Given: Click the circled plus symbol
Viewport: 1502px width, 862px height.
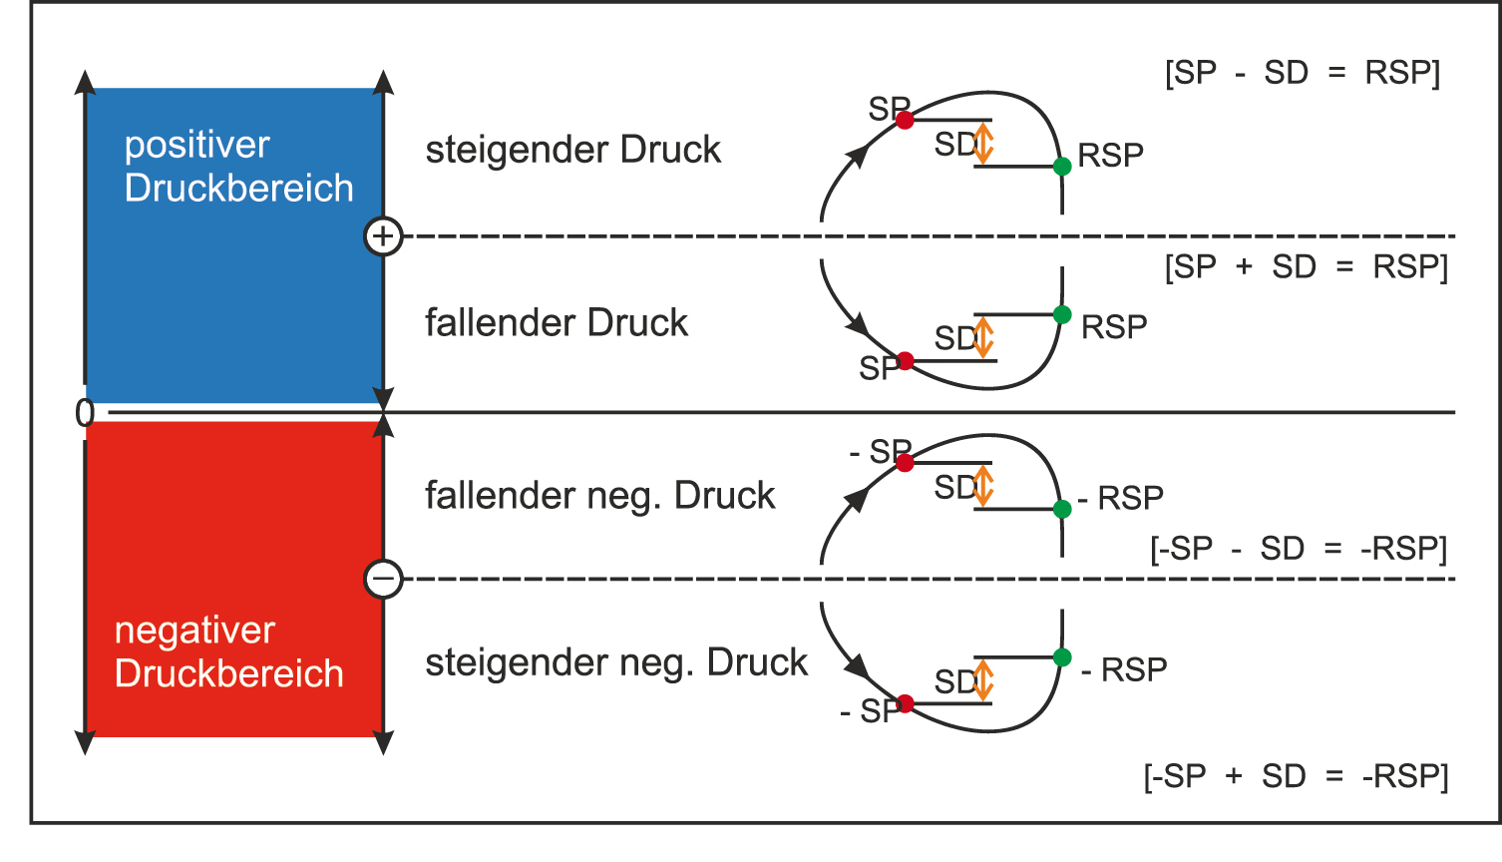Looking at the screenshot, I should [383, 236].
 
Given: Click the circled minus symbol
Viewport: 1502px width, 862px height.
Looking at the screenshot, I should [383, 579].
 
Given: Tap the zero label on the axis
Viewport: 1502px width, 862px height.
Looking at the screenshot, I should [85, 412].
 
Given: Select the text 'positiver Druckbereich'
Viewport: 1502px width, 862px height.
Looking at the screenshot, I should [238, 166].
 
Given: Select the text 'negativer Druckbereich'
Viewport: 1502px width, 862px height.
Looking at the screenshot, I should [228, 651].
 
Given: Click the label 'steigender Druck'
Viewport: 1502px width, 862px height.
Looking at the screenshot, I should [572, 150].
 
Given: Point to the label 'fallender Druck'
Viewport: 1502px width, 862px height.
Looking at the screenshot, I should [556, 322].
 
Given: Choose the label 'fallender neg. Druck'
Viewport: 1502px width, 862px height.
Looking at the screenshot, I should [599, 495].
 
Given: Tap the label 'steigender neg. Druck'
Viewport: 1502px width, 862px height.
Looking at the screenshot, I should [615, 662].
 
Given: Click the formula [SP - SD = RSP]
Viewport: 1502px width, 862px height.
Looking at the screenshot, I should [1302, 73].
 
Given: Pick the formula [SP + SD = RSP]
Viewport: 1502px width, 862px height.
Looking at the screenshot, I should [1306, 266].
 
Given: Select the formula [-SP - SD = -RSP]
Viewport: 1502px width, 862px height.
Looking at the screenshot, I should [1298, 549].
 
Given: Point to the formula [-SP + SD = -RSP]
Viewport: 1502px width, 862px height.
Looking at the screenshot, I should [1296, 776].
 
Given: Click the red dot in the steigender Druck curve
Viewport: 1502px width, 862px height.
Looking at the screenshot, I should [905, 120].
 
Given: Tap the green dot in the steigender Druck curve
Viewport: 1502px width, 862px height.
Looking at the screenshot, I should [1062, 167].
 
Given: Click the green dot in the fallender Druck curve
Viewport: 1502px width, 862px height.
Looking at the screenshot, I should [1062, 314].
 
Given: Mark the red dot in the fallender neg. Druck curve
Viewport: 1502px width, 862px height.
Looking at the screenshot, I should [905, 463].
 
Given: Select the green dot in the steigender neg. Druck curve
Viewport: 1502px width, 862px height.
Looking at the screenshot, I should [1062, 657].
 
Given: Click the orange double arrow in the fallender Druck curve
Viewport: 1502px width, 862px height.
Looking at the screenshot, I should [983, 337].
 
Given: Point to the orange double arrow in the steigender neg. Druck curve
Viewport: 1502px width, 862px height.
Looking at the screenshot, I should [983, 680].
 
